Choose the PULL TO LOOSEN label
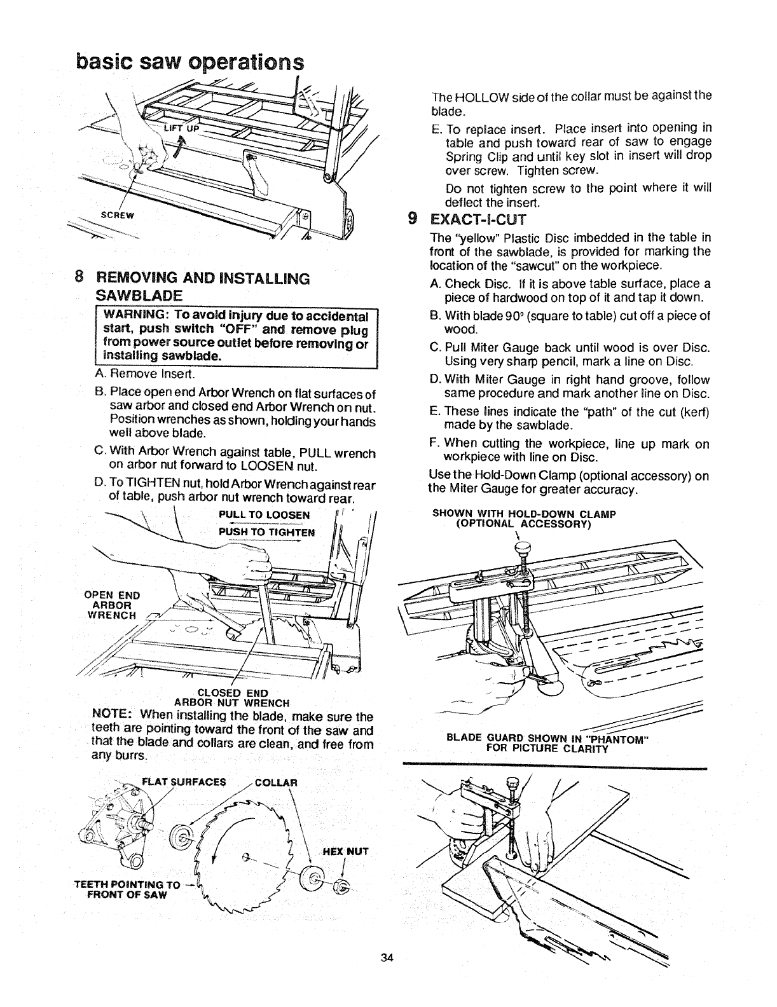click(263, 514)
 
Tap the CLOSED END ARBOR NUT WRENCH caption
click(232, 697)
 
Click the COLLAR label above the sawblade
click(275, 782)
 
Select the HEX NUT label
click(349, 851)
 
